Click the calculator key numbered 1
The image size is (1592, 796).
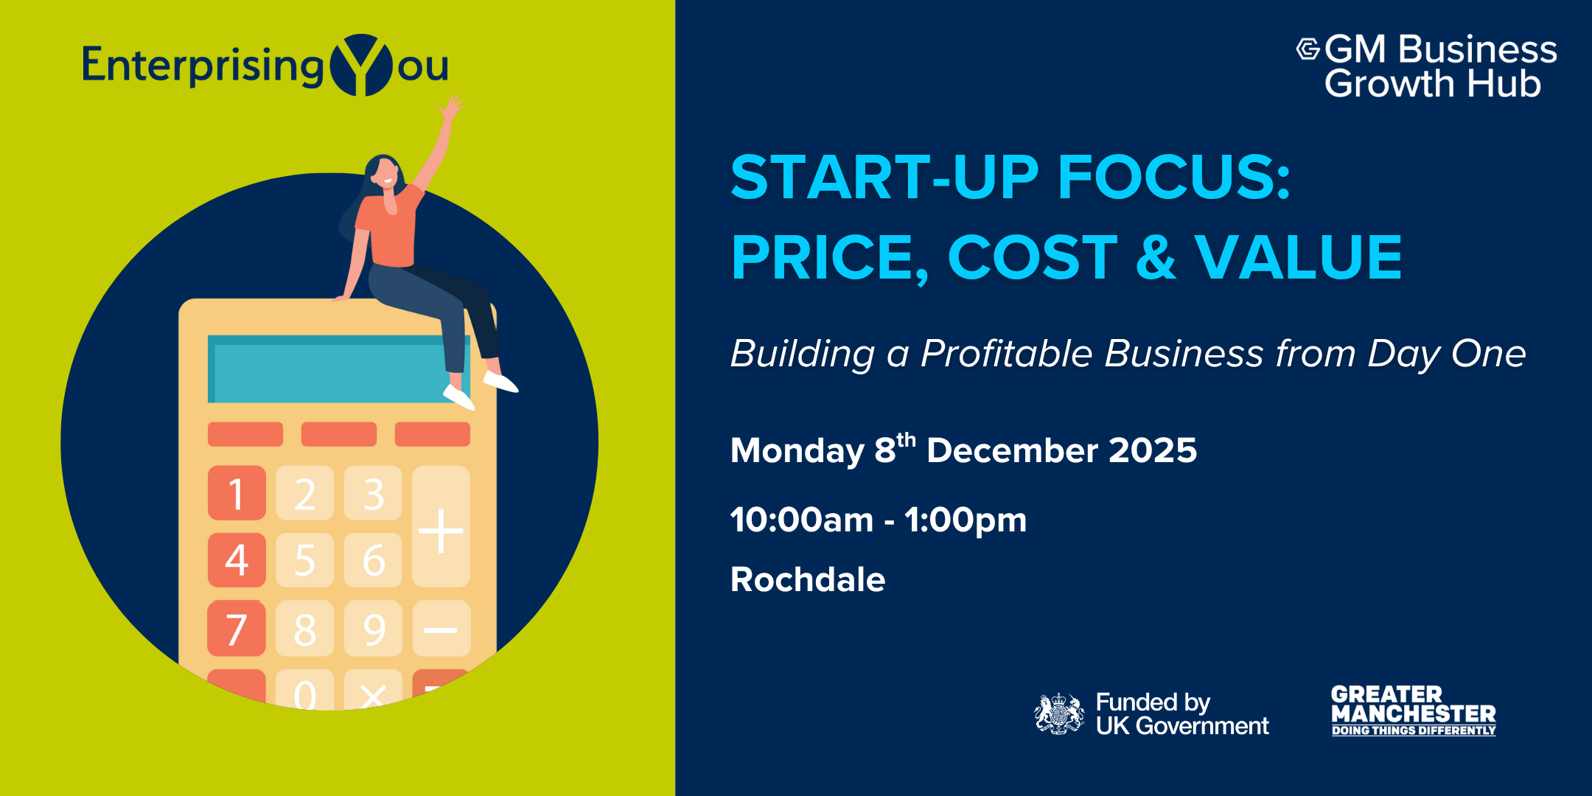(237, 493)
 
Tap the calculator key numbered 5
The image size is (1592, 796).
(305, 560)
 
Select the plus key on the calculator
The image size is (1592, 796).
(441, 526)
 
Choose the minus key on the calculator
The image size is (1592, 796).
(441, 629)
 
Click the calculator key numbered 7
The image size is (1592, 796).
(237, 629)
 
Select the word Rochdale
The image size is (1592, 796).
(808, 579)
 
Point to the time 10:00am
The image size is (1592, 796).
(802, 520)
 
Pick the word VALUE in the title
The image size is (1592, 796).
(1298, 257)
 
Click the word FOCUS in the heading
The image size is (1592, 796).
(1174, 177)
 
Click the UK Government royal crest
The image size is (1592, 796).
(1059, 713)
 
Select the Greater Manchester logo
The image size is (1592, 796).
(1414, 711)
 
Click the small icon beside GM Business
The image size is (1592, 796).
(1308, 49)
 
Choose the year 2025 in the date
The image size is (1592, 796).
(1153, 450)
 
